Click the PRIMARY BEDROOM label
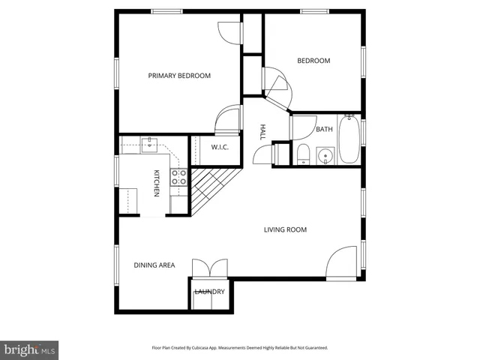179,76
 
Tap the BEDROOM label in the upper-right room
313,61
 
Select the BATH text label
324,130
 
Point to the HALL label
262,132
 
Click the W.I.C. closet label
220,147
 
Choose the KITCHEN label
157,184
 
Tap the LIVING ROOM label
285,229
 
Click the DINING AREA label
154,265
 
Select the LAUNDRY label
209,292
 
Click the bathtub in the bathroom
349,139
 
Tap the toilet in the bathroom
302,155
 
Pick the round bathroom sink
325,156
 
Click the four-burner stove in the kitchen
179,178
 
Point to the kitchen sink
148,142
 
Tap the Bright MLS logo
30,350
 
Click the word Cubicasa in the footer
214,348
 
